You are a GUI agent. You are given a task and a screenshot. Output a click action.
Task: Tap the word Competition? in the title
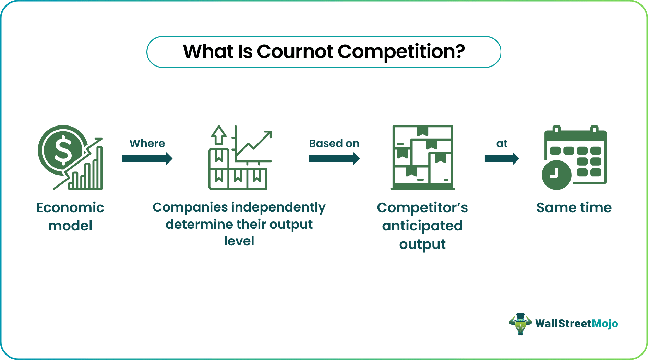pyautogui.click(x=401, y=51)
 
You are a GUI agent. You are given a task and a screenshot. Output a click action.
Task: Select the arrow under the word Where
pyautogui.click(x=147, y=158)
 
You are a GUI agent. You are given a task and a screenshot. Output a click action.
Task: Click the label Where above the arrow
pyautogui.click(x=147, y=143)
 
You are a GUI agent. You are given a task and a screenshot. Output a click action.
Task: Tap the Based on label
pyautogui.click(x=334, y=143)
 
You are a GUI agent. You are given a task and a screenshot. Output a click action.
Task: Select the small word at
pyautogui.click(x=502, y=143)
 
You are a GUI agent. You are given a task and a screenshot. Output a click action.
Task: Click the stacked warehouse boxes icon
pyautogui.click(x=422, y=157)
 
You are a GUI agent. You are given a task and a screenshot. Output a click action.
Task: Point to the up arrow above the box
pyautogui.click(x=219, y=135)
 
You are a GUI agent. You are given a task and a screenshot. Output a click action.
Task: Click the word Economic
pyautogui.click(x=70, y=208)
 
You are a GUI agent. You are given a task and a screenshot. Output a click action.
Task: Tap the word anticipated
pyautogui.click(x=422, y=226)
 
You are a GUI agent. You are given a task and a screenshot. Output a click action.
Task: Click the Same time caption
pyautogui.click(x=574, y=208)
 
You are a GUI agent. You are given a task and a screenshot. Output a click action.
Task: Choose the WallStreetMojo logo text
pyautogui.click(x=577, y=324)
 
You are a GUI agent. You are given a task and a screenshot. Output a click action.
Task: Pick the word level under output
pyautogui.click(x=239, y=241)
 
